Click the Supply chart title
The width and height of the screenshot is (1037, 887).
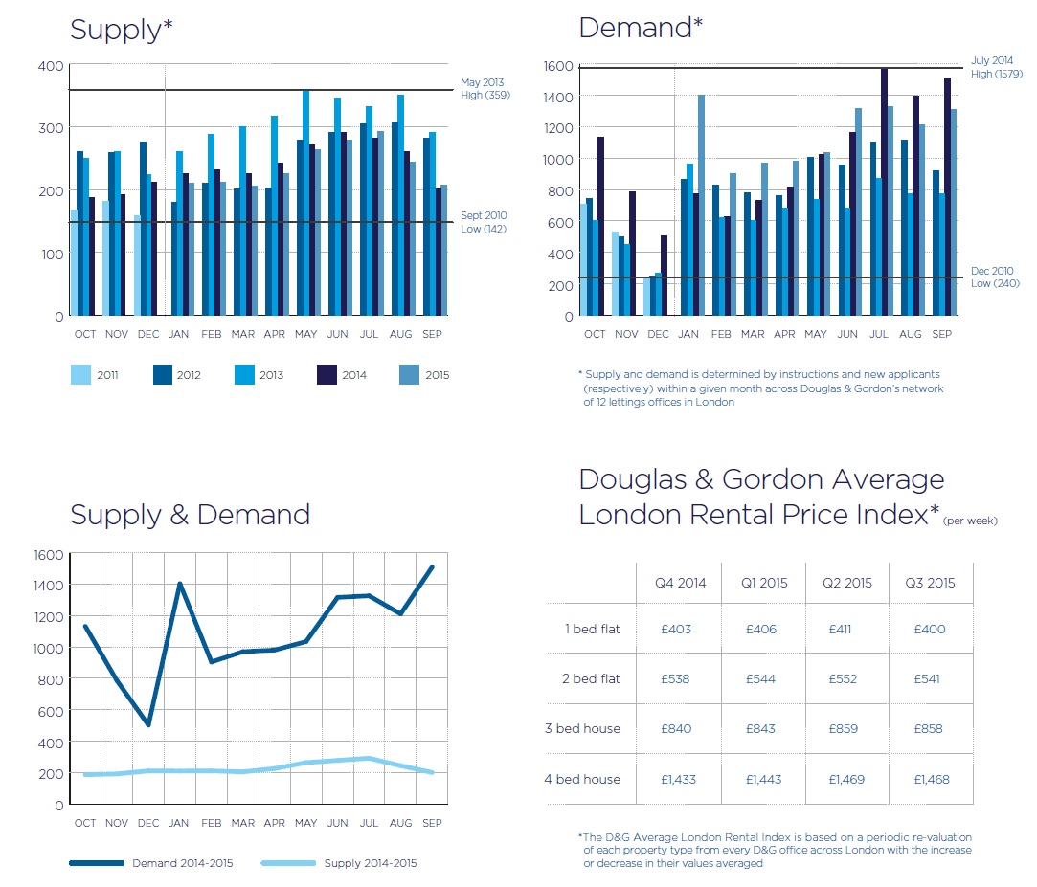click(121, 30)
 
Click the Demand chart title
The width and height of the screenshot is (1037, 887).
click(641, 28)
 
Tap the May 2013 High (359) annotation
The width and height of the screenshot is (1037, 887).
click(482, 89)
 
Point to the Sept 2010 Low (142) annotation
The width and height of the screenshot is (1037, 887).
click(484, 222)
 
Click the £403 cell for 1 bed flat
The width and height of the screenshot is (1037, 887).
click(675, 629)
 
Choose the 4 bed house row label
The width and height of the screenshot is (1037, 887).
click(582, 779)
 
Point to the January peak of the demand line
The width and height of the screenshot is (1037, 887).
click(179, 584)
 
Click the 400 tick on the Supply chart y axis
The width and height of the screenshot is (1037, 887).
click(52, 66)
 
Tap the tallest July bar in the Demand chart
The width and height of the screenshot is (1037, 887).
click(884, 191)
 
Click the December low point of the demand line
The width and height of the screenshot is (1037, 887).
click(147, 724)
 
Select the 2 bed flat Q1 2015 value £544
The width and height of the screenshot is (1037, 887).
click(762, 678)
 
